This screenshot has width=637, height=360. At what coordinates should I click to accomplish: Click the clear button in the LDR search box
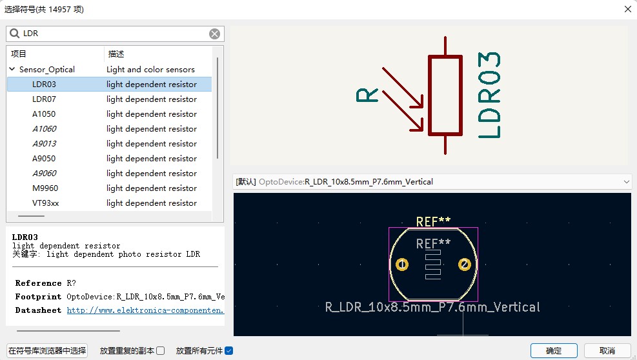coord(214,34)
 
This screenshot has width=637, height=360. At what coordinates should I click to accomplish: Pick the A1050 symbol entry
coord(44,114)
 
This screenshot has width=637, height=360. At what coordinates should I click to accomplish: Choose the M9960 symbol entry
coord(45,188)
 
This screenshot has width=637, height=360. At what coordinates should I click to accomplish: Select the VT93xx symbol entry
coord(45,203)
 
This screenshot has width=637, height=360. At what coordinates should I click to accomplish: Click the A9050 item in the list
coord(44,159)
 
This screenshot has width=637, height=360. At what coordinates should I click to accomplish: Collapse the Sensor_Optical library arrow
coord(12,69)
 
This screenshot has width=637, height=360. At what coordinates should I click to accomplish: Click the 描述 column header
coord(116,54)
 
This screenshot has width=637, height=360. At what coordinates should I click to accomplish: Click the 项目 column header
coord(18,54)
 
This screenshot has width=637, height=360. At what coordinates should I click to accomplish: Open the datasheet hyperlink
coord(145,310)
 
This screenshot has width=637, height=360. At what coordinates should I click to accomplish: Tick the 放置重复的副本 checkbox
coord(161,351)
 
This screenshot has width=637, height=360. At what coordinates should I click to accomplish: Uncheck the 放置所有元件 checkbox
coord(228,351)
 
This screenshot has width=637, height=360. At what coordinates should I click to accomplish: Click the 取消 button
coord(607,351)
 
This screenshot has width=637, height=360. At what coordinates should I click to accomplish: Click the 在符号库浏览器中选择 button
coord(47,351)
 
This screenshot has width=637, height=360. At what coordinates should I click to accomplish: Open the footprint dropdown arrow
coord(627,182)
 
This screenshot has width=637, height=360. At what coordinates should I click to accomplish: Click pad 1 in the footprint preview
coord(402,265)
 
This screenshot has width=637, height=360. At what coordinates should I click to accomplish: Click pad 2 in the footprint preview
coord(464,265)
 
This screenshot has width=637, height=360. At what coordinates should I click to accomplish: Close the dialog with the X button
coord(628,9)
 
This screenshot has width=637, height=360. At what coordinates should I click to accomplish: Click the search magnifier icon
coord(15,34)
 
